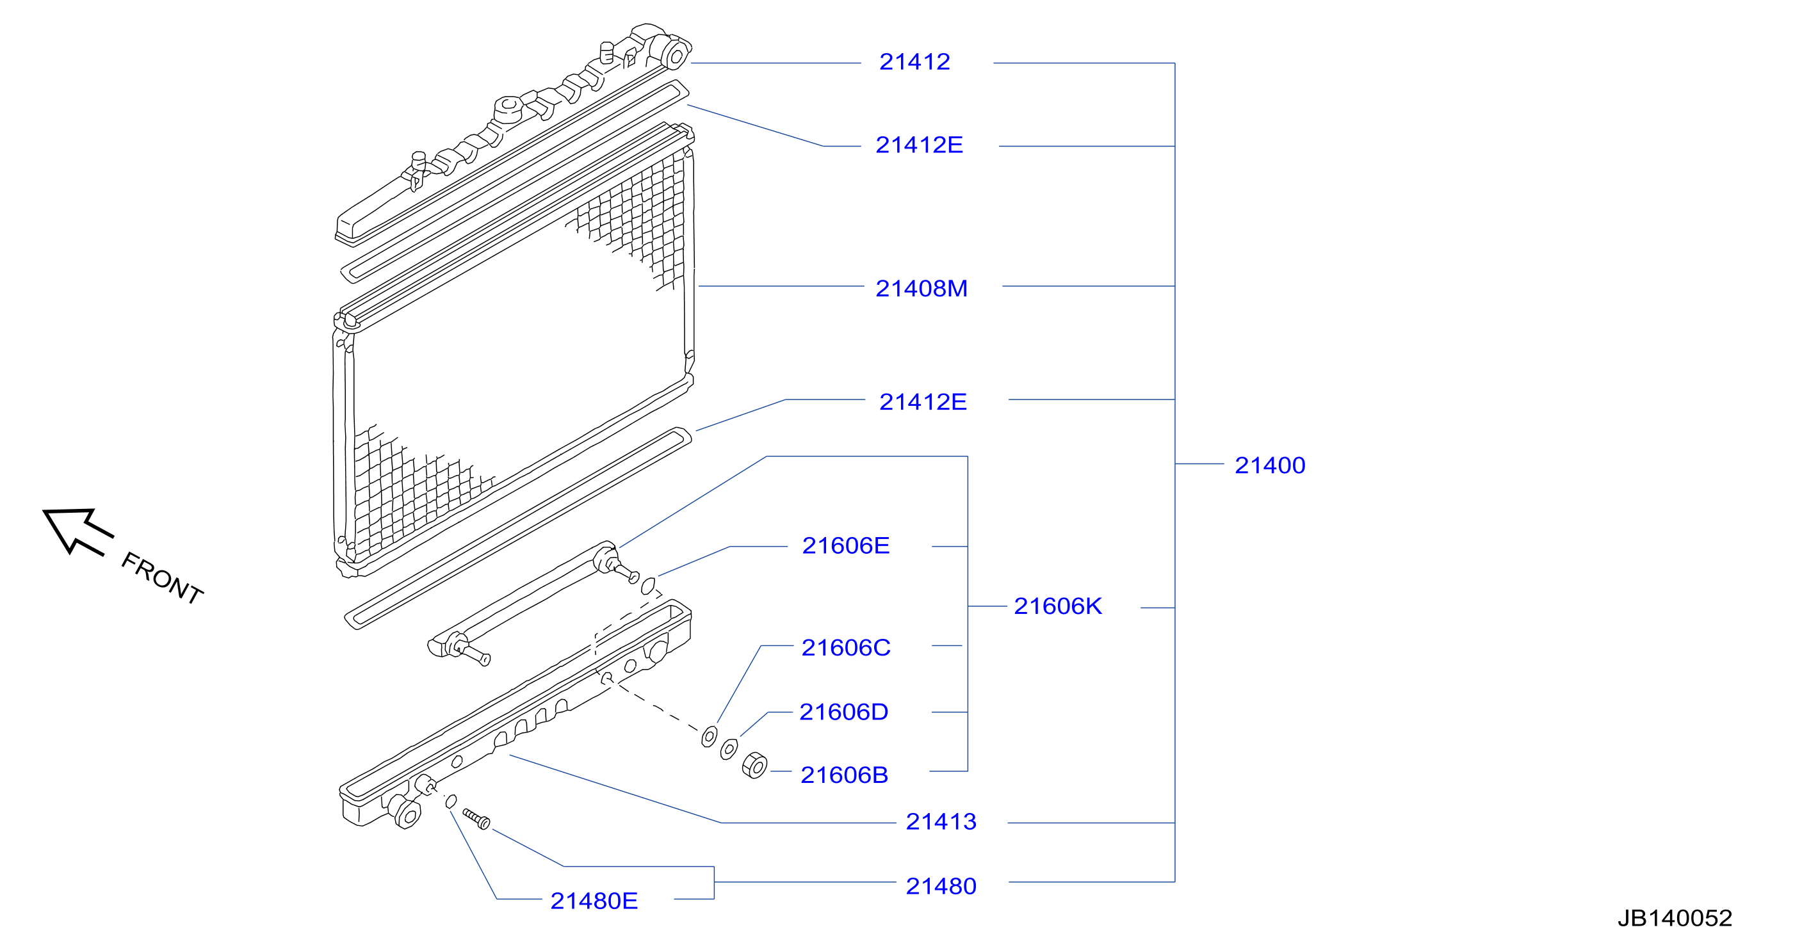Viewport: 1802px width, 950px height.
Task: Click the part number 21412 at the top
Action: (x=914, y=62)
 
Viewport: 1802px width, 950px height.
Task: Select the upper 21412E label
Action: (x=919, y=145)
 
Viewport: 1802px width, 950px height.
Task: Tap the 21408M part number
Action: (x=921, y=288)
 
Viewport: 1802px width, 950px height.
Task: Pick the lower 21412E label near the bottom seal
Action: (x=923, y=401)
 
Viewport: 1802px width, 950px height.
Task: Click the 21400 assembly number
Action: (x=1270, y=465)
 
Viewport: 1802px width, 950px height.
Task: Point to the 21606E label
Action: (x=846, y=545)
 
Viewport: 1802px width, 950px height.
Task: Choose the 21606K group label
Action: (x=1058, y=606)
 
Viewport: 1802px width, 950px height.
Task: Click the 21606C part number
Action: (x=846, y=648)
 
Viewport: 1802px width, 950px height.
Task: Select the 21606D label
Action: (x=843, y=712)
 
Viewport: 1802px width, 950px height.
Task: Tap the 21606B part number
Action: (x=845, y=775)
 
